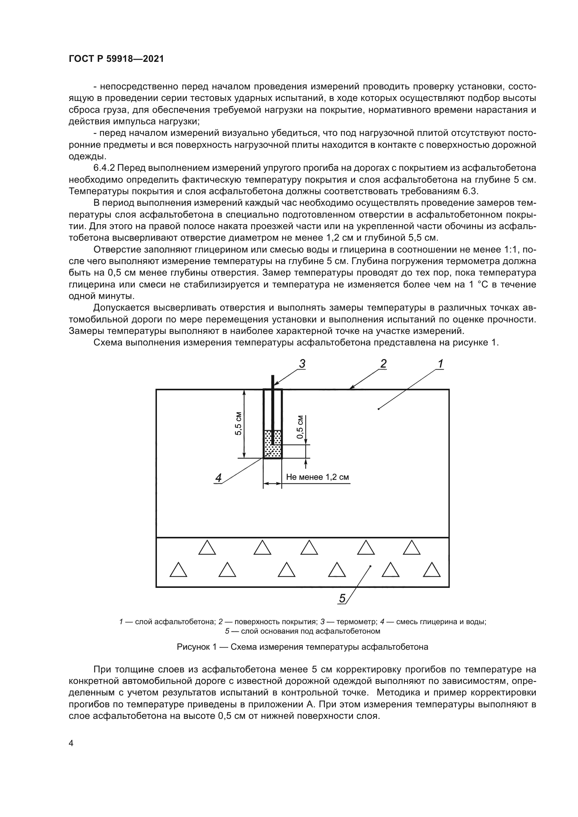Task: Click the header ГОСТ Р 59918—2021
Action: tap(116, 59)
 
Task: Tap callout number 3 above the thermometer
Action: tap(302, 364)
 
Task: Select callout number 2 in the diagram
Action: tap(383, 364)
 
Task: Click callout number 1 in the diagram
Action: tap(440, 364)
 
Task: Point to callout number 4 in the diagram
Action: tap(218, 478)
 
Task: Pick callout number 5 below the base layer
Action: tap(342, 599)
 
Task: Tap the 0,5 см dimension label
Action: tap(300, 427)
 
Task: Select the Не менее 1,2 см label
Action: tap(317, 477)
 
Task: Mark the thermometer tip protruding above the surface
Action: tap(273, 382)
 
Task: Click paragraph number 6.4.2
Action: tap(105, 168)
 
